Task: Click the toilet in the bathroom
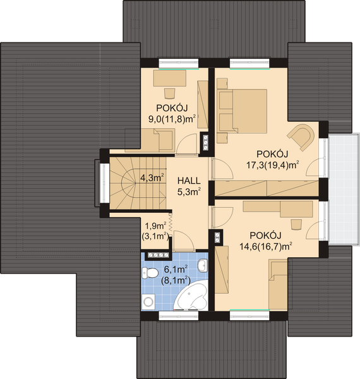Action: (x=150, y=273)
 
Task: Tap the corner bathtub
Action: (x=191, y=296)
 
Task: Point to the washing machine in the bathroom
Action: (x=147, y=301)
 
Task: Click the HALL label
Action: (x=189, y=181)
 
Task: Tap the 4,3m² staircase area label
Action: (x=152, y=178)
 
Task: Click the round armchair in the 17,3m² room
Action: (x=301, y=136)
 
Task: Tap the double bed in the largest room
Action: (x=242, y=111)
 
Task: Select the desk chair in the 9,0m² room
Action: (x=170, y=93)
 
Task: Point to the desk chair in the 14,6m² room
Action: (x=297, y=224)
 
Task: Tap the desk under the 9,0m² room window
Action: (x=170, y=78)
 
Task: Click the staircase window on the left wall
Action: (x=105, y=183)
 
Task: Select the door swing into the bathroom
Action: (x=184, y=241)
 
